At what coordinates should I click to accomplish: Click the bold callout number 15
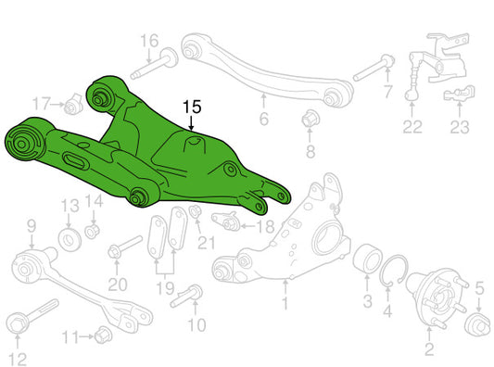pos(192,108)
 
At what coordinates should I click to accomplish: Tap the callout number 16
pos(149,41)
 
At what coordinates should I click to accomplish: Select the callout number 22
pos(412,126)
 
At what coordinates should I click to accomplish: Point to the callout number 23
pos(460,127)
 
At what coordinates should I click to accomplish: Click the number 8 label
pos(310,151)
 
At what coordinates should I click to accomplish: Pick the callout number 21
pos(207,243)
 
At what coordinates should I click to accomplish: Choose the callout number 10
pos(196,324)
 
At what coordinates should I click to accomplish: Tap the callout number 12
pos(18,360)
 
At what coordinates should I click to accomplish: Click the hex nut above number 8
pos(310,119)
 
